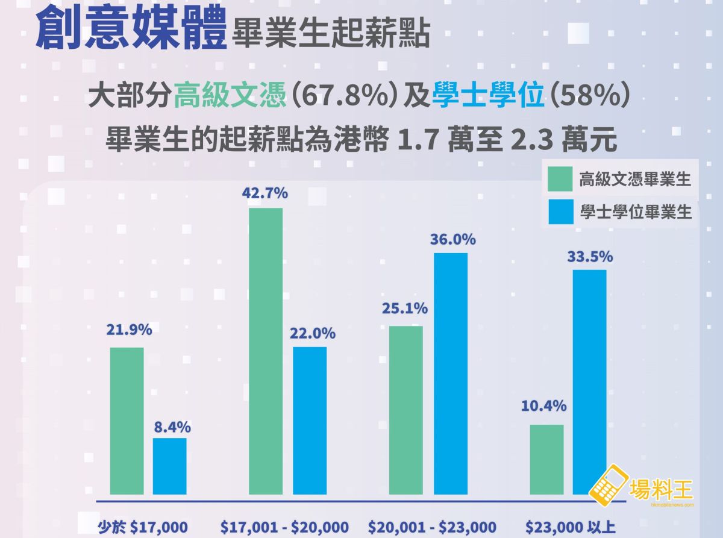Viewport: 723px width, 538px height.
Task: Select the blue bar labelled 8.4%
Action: coord(169,466)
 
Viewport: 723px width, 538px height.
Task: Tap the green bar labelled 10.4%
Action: coord(546,459)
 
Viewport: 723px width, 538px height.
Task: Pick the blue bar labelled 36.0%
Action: coord(451,374)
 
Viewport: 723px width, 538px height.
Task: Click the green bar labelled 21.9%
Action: coord(127,421)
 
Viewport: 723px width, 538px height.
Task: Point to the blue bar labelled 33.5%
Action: coord(589,382)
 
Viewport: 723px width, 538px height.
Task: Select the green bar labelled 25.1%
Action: coord(406,410)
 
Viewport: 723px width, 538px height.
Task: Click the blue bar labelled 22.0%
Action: coord(310,420)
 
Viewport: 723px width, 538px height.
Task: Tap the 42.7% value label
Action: coord(265,193)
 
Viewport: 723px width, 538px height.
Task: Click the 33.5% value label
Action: coord(590,257)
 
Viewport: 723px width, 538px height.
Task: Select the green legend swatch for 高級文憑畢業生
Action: coord(560,179)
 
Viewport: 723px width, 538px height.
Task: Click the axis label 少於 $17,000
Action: coord(143,526)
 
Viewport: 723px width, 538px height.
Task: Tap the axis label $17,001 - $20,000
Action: coord(284,526)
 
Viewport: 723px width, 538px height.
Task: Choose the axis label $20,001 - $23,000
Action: coord(432,526)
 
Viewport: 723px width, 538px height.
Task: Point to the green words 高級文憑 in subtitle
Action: coord(229,96)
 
